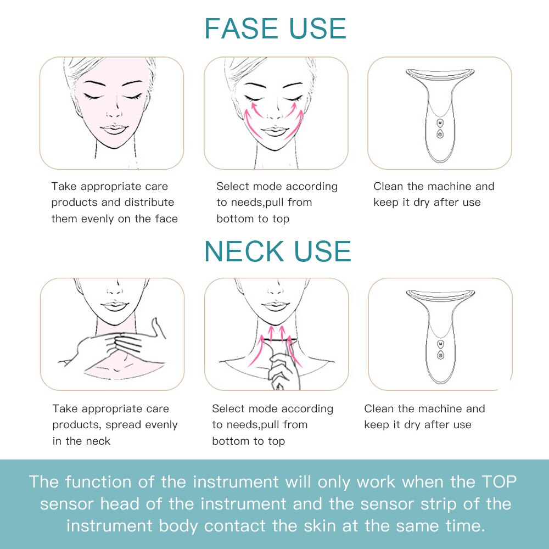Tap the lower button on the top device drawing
pyautogui.click(x=440, y=133)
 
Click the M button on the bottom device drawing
pyautogui.click(x=440, y=344)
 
